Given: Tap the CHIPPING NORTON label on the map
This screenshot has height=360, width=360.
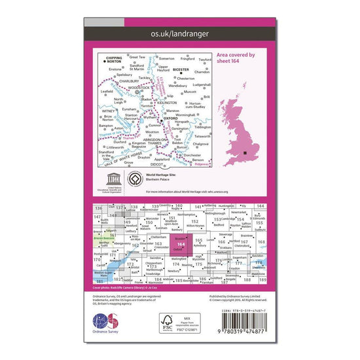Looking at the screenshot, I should click(115, 60).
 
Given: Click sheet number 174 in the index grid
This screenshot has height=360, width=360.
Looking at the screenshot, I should click(175, 264).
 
